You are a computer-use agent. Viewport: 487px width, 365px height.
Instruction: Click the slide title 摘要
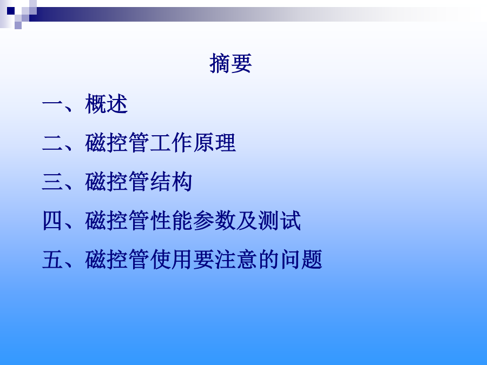[231, 63]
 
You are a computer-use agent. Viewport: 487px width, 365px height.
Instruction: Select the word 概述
[106, 104]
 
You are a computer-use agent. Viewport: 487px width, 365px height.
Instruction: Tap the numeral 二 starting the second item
[52, 143]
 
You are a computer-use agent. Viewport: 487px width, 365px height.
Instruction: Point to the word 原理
[214, 142]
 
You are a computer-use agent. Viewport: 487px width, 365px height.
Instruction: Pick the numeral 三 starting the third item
[52, 182]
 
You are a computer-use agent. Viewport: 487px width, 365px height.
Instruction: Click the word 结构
[171, 182]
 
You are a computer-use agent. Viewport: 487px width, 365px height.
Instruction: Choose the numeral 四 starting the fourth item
[52, 221]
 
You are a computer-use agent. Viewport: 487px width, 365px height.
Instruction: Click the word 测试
[280, 221]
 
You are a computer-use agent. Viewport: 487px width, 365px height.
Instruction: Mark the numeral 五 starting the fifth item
[52, 260]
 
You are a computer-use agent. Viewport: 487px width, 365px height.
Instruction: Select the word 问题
[301, 259]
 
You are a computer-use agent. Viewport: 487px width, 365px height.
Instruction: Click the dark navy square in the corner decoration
[11, 11]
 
